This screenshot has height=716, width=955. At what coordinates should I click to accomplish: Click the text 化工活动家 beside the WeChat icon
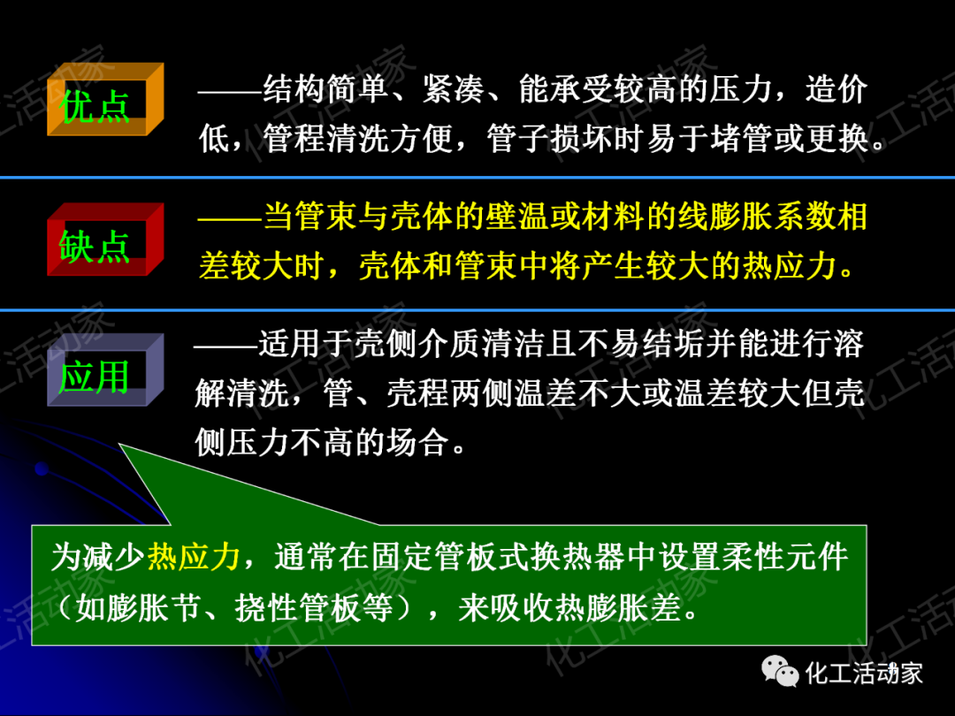(864, 673)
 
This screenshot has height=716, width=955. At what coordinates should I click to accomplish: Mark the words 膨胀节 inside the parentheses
(150, 609)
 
